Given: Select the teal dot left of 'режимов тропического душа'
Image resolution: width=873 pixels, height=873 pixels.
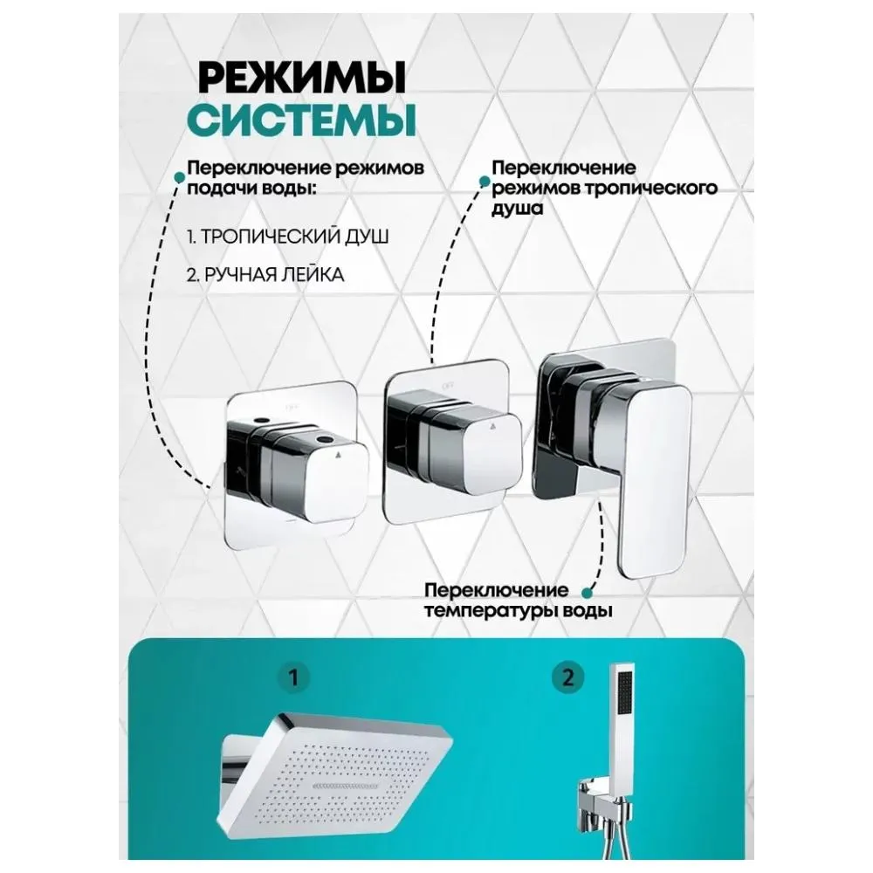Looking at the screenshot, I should click(x=484, y=180).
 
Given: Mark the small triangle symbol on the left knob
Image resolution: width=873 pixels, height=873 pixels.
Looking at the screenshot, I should click(x=338, y=455).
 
